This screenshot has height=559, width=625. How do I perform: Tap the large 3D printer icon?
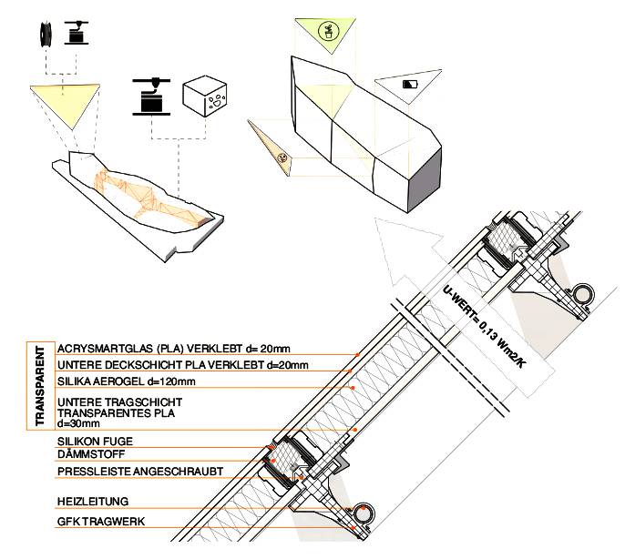pyautogui.click(x=149, y=95)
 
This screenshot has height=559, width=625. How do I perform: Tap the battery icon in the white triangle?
pyautogui.click(x=409, y=84)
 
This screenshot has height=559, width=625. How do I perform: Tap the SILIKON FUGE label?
pyautogui.click(x=92, y=441)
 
